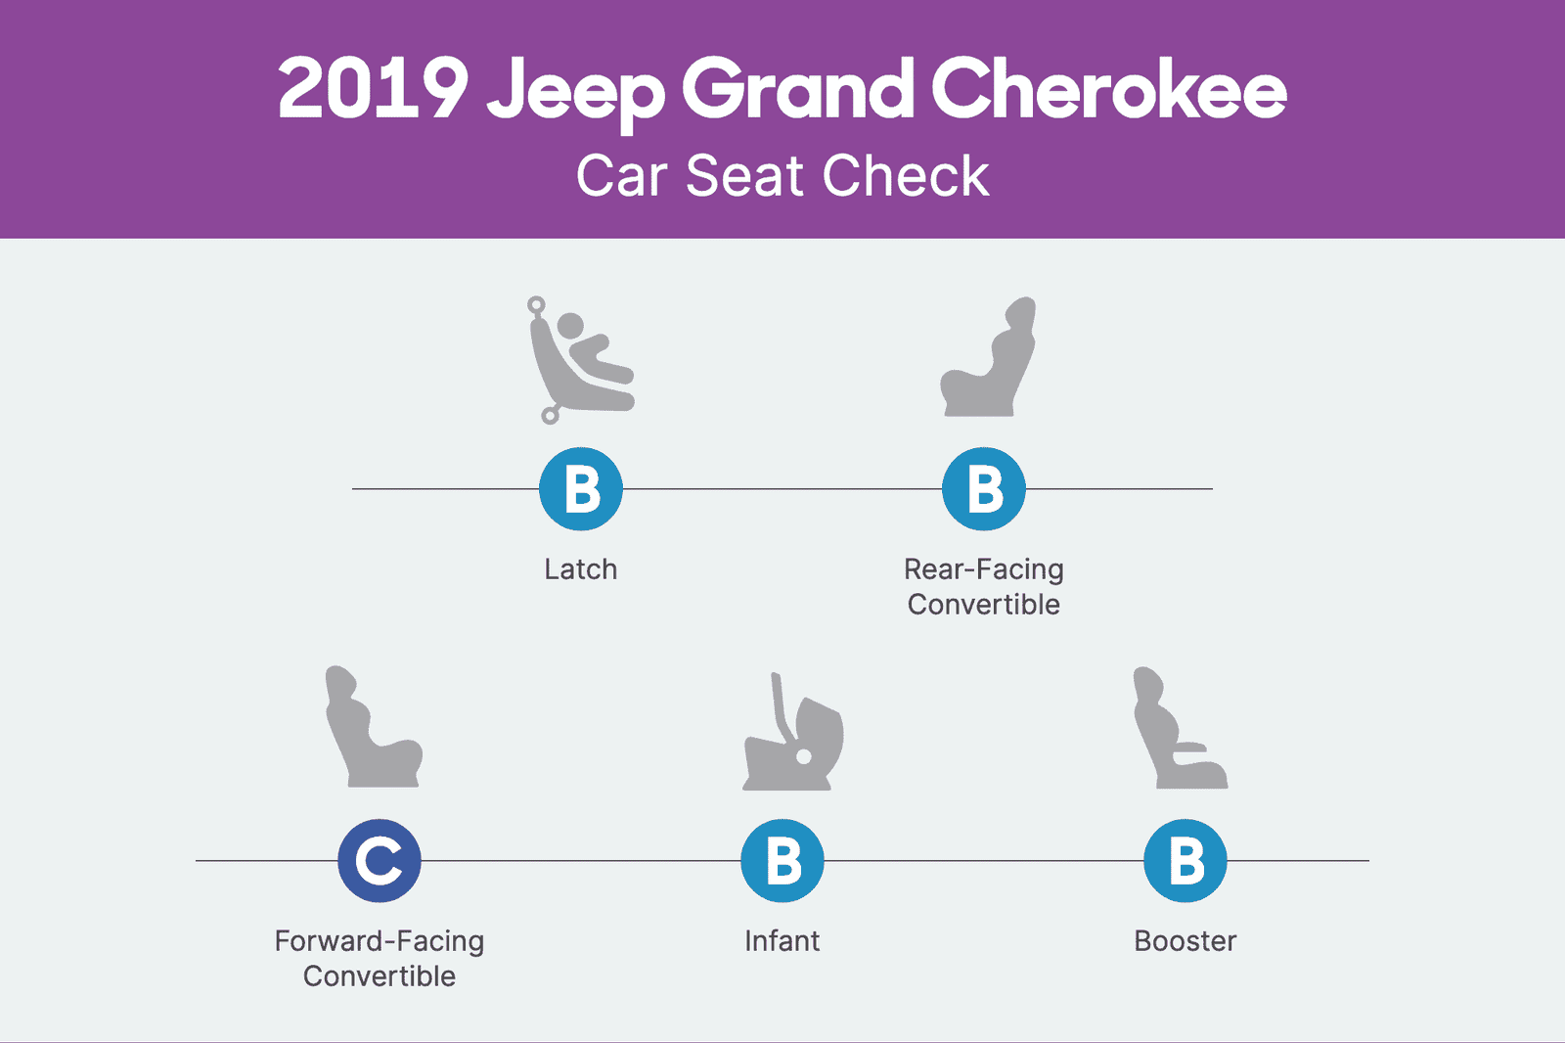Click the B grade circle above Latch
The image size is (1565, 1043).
[x=581, y=489]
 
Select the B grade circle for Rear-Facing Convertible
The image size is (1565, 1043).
[x=984, y=489]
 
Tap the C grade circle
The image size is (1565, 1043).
[x=380, y=861]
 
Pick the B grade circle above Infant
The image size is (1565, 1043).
[x=782, y=861]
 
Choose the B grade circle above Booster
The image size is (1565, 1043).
[x=1185, y=861]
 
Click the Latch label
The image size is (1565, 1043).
[x=581, y=569]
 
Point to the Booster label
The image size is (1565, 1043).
[x=1185, y=941]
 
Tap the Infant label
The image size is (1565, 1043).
[x=782, y=941]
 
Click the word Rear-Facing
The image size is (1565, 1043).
[x=984, y=569]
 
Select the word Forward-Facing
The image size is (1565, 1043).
[x=380, y=941]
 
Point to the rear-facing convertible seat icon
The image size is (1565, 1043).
[x=988, y=358]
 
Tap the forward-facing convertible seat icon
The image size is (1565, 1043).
[x=373, y=728]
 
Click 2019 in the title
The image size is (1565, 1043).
[x=373, y=90]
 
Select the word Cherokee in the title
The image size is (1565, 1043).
[x=1108, y=90]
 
